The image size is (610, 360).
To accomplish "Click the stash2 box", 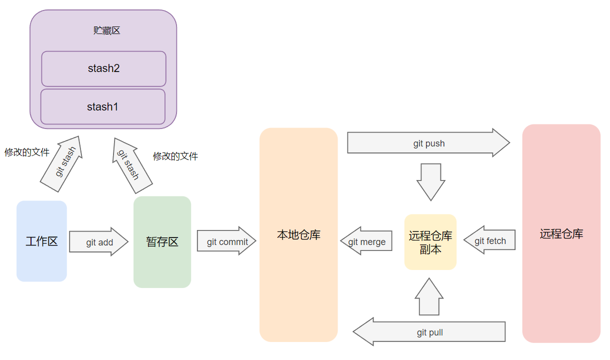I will point(103,68).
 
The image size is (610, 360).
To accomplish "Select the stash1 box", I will point(102,106).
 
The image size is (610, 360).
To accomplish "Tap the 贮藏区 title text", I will point(107,30).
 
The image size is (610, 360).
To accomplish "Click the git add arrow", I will point(99,242).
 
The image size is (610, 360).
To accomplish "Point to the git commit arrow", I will point(226,241).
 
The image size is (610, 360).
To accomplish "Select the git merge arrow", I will point(367,241).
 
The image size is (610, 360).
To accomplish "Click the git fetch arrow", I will point(489,240).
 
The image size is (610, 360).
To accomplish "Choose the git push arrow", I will point(428,143).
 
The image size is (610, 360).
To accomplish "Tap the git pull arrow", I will point(429,332).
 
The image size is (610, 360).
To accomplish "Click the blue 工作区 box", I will point(41,241).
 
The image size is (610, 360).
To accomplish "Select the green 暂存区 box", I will point(162,242).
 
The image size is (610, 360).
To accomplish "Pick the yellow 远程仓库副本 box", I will point(430,242).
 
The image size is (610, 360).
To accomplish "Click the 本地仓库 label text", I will point(298,234).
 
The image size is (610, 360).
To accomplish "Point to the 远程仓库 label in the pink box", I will point(561,233).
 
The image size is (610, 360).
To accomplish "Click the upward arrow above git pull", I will point(429,297).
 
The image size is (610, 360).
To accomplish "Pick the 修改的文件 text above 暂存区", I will point(175,156).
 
